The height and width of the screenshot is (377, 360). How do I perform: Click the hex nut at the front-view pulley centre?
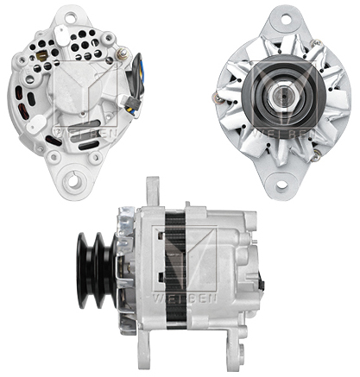281,97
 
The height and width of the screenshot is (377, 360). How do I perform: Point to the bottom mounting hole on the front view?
281,183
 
